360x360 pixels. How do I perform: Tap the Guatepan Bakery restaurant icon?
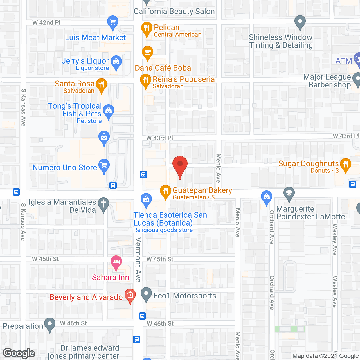[166, 191]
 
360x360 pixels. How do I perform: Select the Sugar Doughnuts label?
[308, 164]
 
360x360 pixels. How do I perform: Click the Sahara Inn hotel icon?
[116, 262]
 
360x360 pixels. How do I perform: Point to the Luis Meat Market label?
[95, 38]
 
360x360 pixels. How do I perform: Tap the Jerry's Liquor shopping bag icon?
[116, 62]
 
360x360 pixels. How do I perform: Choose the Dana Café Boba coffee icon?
[148, 52]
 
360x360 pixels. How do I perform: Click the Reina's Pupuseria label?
[184, 79]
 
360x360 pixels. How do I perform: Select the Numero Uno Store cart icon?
[104, 166]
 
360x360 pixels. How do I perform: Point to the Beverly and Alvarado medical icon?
[130, 295]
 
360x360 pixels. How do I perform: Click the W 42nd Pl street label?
[46, 23]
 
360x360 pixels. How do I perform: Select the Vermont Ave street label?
[138, 259]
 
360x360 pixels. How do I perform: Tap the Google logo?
[19, 353]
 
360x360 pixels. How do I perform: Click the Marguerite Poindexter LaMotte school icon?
[289, 193]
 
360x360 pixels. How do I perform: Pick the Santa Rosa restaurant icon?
[102, 84]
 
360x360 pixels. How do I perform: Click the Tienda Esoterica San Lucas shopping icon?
[146, 199]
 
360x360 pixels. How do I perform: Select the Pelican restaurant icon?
[147, 28]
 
